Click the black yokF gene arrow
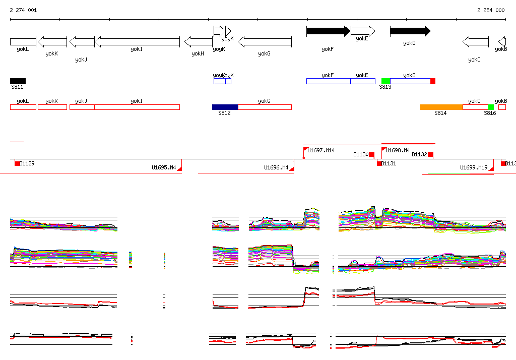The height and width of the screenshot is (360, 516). pyautogui.click(x=328, y=31)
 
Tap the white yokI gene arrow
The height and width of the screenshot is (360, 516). pyautogui.click(x=137, y=41)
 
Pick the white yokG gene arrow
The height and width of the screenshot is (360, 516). pyautogui.click(x=265, y=41)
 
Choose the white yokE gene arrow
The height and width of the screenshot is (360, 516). pyautogui.click(x=363, y=31)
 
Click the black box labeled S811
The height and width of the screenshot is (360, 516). pyautogui.click(x=18, y=81)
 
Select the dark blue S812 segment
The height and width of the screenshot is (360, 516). pyautogui.click(x=225, y=107)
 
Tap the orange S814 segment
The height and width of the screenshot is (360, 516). pyautogui.click(x=441, y=107)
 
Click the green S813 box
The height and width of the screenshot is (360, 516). pyautogui.click(x=385, y=81)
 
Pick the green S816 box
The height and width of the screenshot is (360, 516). pyautogui.click(x=491, y=107)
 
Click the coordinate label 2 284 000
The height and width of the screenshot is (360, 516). pyautogui.click(x=491, y=10)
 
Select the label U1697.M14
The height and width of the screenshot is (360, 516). pyautogui.click(x=321, y=150)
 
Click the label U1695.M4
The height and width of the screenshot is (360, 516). pyautogui.click(x=164, y=167)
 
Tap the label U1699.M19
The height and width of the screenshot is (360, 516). pyautogui.click(x=474, y=167)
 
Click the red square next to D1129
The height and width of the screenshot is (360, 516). pyautogui.click(x=17, y=163)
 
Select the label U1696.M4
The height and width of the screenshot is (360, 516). pyautogui.click(x=276, y=167)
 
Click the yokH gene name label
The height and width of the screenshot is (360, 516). pyautogui.click(x=198, y=53)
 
